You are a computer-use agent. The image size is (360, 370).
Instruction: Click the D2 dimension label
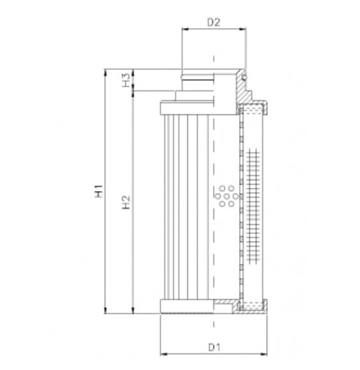tap(214, 22)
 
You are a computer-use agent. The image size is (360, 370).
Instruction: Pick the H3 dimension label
tap(127, 80)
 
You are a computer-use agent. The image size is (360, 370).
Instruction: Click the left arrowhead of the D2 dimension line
tap(185, 29)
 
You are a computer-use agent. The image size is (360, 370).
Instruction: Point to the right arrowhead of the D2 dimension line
tap(244, 29)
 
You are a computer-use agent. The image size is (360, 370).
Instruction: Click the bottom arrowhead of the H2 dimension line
tap(134, 312)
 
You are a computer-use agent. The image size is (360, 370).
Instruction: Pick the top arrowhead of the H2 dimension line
tap(134, 93)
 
